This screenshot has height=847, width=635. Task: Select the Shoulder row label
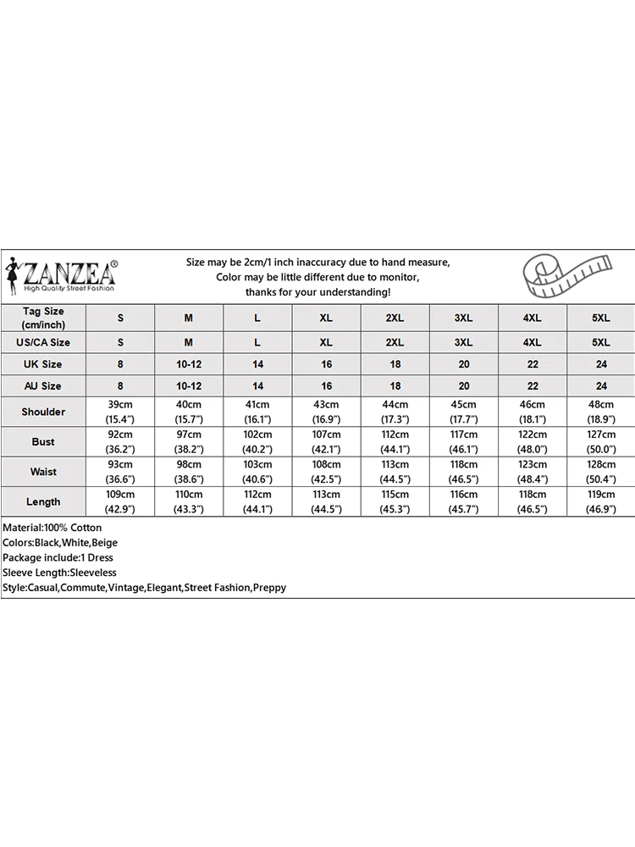pyautogui.click(x=43, y=412)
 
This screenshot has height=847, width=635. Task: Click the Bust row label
pyautogui.click(x=43, y=441)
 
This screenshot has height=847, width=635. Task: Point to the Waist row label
pyautogui.click(x=43, y=472)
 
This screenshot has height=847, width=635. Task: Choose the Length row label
pyautogui.click(x=43, y=501)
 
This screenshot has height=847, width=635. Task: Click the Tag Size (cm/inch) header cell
pyautogui.click(x=43, y=317)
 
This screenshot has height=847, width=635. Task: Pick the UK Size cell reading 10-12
pyautogui.click(x=189, y=364)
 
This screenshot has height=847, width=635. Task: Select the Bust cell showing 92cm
pyautogui.click(x=120, y=441)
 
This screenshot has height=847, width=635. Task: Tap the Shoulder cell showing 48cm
pyautogui.click(x=600, y=412)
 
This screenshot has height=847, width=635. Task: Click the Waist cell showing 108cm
pyautogui.click(x=326, y=472)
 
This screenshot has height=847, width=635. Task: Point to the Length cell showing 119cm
pyautogui.click(x=600, y=501)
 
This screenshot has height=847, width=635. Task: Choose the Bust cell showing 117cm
pyautogui.click(x=463, y=441)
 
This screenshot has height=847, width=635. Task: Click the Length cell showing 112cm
pyautogui.click(x=257, y=501)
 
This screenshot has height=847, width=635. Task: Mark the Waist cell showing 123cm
pyautogui.click(x=532, y=472)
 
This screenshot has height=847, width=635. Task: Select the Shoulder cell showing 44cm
pyautogui.click(x=395, y=412)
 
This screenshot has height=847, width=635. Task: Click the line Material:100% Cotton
pyautogui.click(x=52, y=528)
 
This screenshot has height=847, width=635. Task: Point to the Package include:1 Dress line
pyautogui.click(x=58, y=557)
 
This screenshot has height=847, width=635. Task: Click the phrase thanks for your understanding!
pyautogui.click(x=317, y=291)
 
